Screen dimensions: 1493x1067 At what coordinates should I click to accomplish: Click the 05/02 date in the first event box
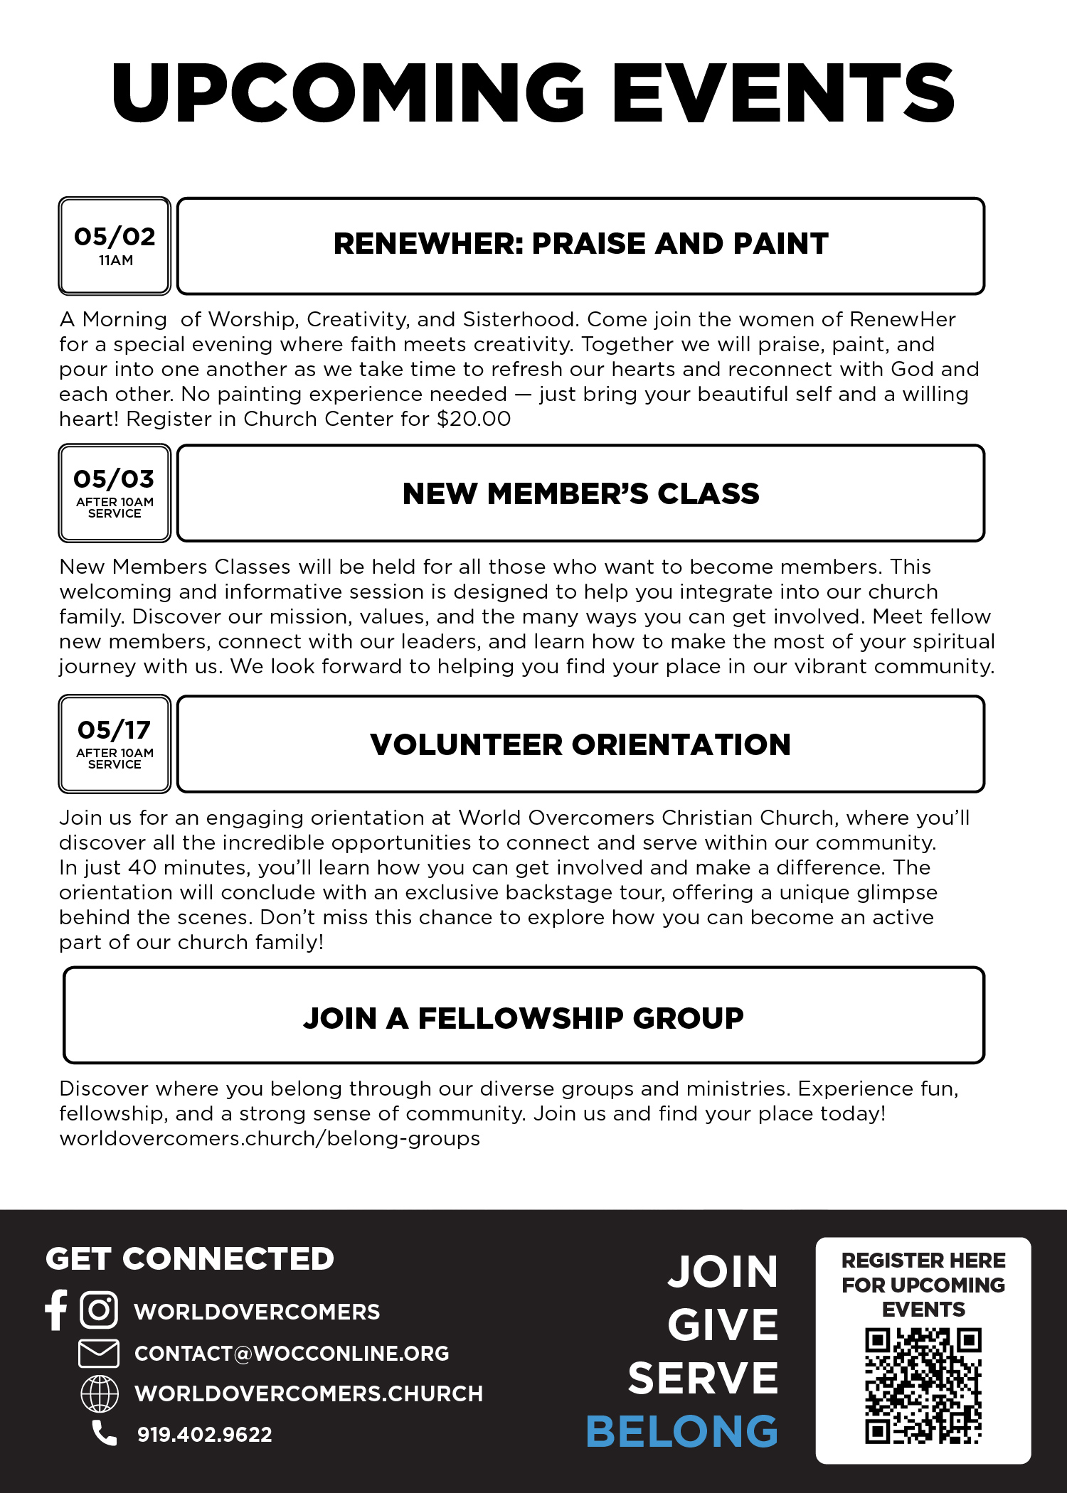tap(115, 236)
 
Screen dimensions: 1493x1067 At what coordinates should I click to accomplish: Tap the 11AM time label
tap(116, 261)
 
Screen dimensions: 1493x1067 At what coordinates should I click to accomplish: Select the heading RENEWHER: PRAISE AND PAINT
tap(580, 244)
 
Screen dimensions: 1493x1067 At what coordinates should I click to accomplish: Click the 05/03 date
tap(114, 478)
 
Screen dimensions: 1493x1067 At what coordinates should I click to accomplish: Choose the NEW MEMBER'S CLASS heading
tap(580, 494)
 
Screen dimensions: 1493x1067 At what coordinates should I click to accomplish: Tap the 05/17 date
tap(114, 729)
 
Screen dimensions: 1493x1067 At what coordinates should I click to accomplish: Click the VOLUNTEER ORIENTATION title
tap(580, 745)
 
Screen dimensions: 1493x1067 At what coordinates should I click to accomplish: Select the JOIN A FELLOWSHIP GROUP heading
tap(524, 1018)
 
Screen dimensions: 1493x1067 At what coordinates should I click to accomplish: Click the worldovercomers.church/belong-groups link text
tap(270, 1138)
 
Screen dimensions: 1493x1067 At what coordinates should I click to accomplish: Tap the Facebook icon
tap(56, 1310)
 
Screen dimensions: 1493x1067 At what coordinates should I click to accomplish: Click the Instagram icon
tap(99, 1310)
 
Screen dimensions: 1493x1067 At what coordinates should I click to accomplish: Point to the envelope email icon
tap(99, 1353)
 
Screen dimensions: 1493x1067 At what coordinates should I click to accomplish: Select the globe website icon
tap(100, 1393)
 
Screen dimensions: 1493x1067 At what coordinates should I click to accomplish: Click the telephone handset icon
tap(105, 1433)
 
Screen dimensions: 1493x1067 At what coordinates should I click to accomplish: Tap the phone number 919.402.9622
tap(205, 1435)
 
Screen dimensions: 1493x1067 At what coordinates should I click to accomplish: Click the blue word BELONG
tap(682, 1431)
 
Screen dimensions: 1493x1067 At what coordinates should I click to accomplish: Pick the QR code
tap(923, 1386)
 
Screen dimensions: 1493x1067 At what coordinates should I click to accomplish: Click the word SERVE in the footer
tap(703, 1378)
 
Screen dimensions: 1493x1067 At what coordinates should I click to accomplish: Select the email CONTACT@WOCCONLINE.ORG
tap(292, 1353)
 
